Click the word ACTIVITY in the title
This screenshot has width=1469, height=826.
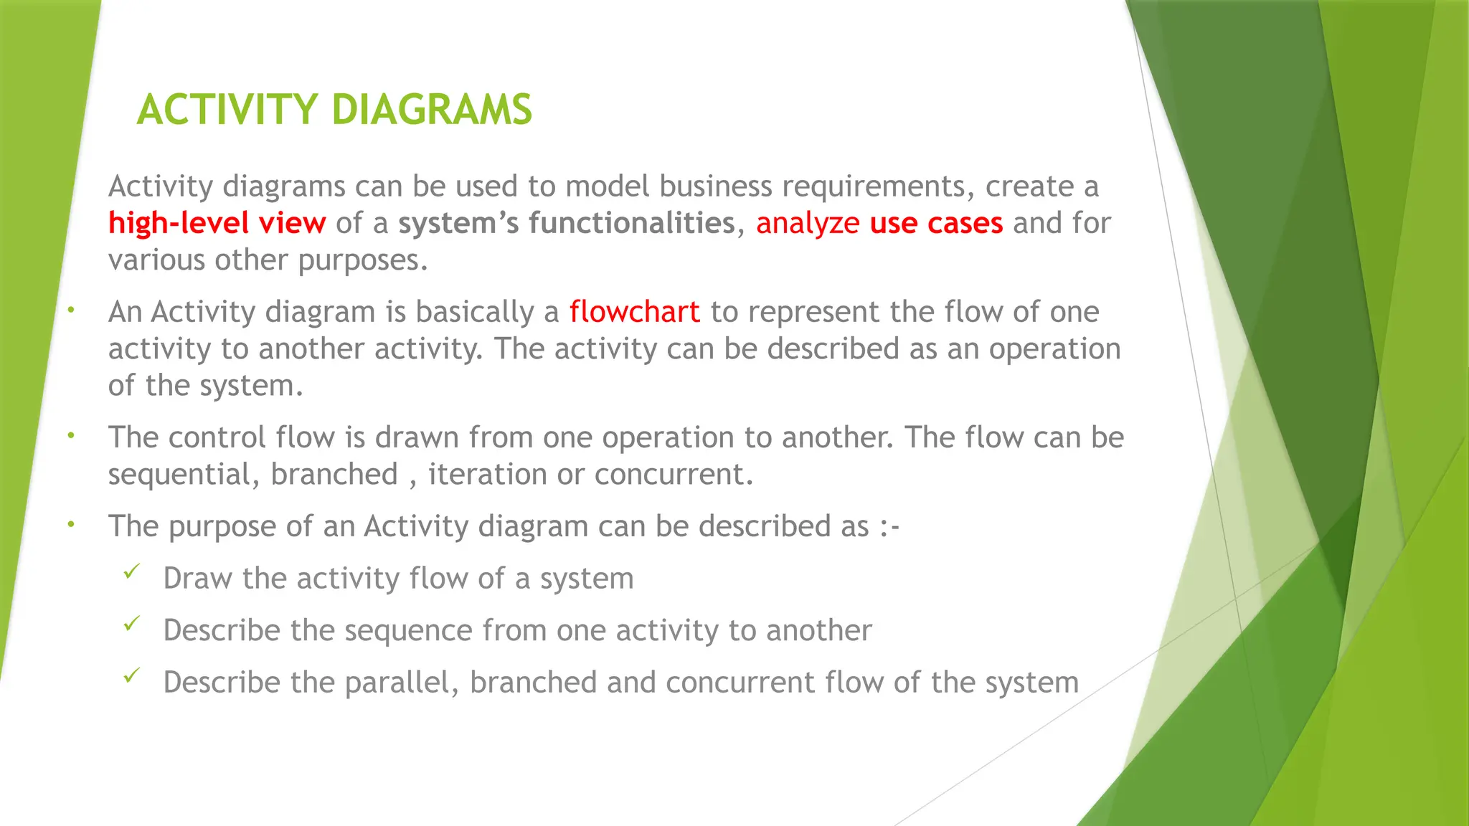click(x=227, y=110)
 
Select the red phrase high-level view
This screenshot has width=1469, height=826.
click(x=217, y=223)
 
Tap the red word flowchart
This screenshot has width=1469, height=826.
click(x=634, y=312)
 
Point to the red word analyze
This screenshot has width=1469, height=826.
click(x=807, y=223)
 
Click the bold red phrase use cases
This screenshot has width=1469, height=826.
click(x=936, y=223)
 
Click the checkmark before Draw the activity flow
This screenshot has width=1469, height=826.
click(x=131, y=572)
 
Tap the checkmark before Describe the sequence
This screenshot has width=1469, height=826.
click(x=131, y=625)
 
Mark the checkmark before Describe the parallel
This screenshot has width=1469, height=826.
click(x=131, y=676)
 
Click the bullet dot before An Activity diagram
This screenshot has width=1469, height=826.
click(x=71, y=310)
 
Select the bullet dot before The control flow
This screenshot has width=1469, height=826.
click(x=71, y=435)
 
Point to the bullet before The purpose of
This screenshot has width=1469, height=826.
click(x=71, y=524)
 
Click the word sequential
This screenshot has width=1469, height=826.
click(x=183, y=475)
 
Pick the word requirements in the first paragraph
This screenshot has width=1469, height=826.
click(x=878, y=186)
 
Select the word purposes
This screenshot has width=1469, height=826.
click(x=362, y=260)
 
